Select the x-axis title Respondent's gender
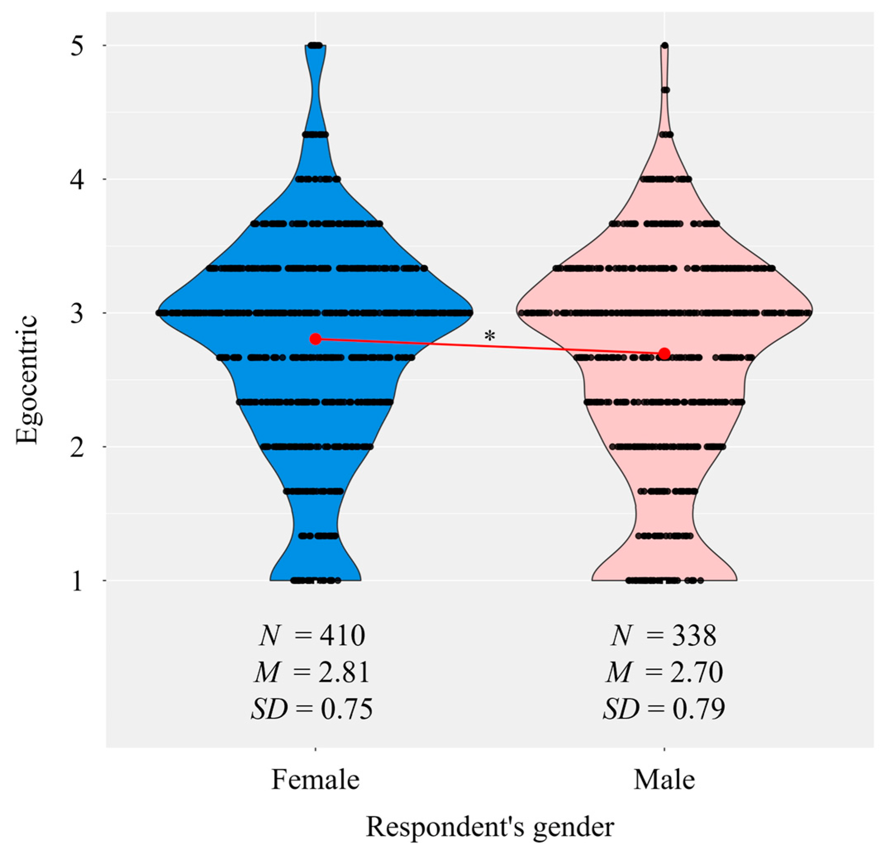(490, 827)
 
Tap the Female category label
(316, 779)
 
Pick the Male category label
(664, 779)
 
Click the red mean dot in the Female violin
(316, 339)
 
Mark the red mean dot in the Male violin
(664, 353)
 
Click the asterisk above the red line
(490, 336)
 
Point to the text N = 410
(312, 636)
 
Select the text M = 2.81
(312, 672)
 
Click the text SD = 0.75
(312, 709)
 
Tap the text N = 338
(664, 636)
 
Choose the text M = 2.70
(664, 672)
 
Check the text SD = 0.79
(664, 709)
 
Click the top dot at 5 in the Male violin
(665, 45)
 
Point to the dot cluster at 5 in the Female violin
(315, 45)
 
